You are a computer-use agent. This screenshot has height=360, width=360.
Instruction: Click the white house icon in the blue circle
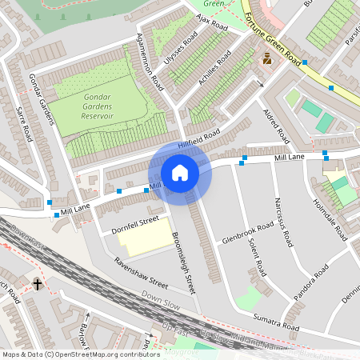point(180,172)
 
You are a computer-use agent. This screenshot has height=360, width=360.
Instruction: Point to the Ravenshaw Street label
point(141,273)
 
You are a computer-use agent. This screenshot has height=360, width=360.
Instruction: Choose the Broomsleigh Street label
point(184,263)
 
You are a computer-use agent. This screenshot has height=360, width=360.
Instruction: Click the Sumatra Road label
point(275,323)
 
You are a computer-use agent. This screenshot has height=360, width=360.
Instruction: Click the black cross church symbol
point(37,284)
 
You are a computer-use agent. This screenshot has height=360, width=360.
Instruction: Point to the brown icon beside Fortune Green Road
point(267,58)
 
